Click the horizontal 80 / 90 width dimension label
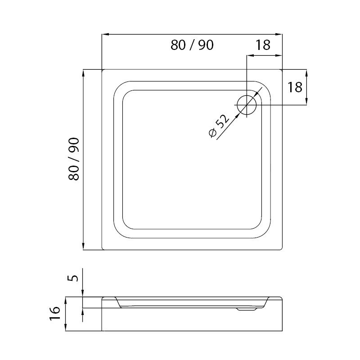point(192,45)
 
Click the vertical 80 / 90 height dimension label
point(74,159)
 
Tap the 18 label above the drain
point(263,45)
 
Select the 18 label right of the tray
point(295,87)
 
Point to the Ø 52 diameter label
point(219,126)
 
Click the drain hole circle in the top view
point(247,105)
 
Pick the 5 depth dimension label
point(74,278)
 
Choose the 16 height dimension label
point(54,313)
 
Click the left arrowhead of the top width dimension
point(105,35)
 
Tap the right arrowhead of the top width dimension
point(279,35)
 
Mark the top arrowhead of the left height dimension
point(83,73)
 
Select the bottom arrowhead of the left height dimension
point(83,246)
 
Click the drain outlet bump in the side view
point(247,309)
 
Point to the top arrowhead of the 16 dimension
point(66,300)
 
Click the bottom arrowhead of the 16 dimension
point(66,328)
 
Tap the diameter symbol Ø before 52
point(212,133)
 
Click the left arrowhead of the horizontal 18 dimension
point(250,55)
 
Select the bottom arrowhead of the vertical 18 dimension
point(306,102)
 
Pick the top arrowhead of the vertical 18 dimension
point(306,73)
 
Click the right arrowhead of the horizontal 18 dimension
point(279,55)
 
